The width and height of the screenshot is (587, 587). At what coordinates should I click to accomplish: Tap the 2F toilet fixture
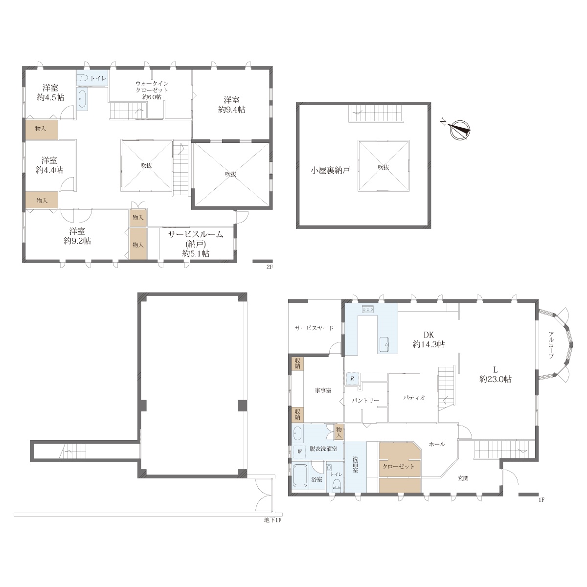click(82, 78)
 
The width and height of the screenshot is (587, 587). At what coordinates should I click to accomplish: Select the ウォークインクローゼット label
click(152, 90)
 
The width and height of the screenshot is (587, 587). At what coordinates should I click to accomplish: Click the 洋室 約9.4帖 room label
click(231, 105)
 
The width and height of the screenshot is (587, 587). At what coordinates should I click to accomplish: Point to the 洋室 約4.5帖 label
click(50, 92)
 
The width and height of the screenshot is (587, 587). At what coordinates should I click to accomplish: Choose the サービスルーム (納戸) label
click(196, 244)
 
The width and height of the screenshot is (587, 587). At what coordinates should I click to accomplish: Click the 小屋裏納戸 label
click(330, 170)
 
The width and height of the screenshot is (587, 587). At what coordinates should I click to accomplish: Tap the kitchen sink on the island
click(387, 344)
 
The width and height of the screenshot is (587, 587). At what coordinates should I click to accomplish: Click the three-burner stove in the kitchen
click(368, 309)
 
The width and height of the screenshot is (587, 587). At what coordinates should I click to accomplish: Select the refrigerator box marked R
click(352, 378)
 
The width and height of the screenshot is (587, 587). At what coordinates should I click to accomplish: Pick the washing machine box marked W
click(300, 452)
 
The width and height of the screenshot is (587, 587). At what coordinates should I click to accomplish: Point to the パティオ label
click(414, 398)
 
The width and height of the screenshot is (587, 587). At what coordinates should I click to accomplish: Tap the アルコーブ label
click(551, 345)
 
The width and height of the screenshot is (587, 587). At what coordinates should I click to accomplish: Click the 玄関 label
click(463, 478)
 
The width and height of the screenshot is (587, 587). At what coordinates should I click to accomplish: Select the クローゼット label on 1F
click(399, 466)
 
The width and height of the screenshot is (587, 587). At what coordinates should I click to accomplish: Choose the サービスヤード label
click(315, 328)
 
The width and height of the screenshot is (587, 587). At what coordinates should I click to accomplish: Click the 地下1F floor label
click(272, 520)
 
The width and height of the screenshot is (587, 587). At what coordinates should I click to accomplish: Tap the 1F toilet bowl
click(337, 485)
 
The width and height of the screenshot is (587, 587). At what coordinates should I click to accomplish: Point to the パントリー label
click(366, 400)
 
